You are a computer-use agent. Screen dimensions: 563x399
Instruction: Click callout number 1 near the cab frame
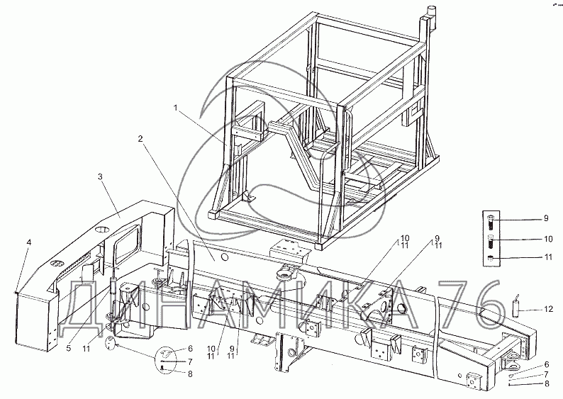(176, 108)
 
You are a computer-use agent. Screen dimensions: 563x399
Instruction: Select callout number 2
(140, 138)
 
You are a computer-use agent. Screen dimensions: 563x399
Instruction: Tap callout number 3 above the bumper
(100, 176)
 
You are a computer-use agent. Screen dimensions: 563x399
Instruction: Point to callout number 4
(29, 242)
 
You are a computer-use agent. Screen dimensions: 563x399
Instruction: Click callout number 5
(69, 348)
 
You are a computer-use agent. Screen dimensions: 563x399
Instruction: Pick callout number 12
(548, 309)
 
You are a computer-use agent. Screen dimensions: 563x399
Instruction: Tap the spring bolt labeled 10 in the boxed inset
(491, 243)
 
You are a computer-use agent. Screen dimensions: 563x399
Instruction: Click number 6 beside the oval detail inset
(190, 349)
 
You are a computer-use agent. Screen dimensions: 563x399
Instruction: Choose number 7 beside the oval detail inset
(190, 361)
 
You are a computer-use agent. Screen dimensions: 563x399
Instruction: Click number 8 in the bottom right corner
(547, 384)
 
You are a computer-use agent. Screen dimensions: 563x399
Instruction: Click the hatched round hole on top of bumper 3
(55, 264)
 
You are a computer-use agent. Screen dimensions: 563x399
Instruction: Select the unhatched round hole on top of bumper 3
(102, 230)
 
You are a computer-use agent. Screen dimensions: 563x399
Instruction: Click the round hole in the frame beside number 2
(224, 257)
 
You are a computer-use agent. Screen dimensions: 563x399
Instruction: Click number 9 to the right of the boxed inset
(546, 218)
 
